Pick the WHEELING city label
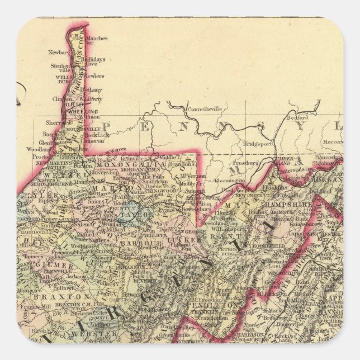(77, 111)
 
